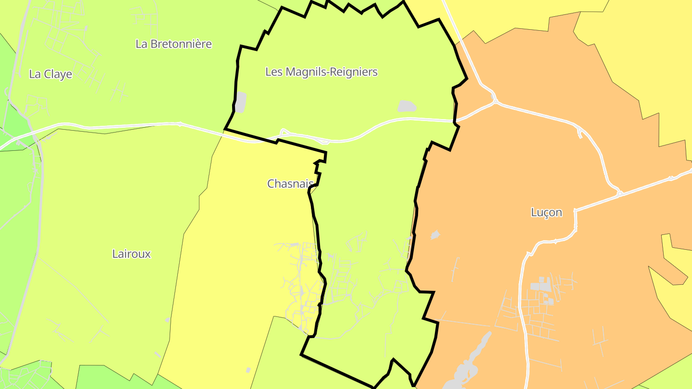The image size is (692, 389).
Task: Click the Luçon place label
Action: click(x=546, y=212)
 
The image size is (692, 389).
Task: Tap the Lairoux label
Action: click(x=131, y=254)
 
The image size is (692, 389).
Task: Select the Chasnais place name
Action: click(x=290, y=183)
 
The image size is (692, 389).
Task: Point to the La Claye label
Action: click(x=50, y=74)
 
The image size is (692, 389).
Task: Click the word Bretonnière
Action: click(x=181, y=44)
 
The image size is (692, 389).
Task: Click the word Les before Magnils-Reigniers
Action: click(x=273, y=72)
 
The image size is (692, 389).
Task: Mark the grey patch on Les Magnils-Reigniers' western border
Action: click(x=240, y=102)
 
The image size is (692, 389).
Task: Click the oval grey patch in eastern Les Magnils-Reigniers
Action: click(x=407, y=106)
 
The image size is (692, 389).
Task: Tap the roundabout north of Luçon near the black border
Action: click(x=495, y=101)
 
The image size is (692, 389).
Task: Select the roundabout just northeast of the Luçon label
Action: click(x=619, y=194)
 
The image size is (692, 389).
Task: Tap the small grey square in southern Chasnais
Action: click(x=248, y=370)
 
